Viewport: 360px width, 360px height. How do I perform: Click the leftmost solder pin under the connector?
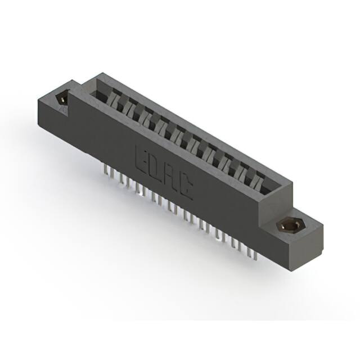tap(105, 170)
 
